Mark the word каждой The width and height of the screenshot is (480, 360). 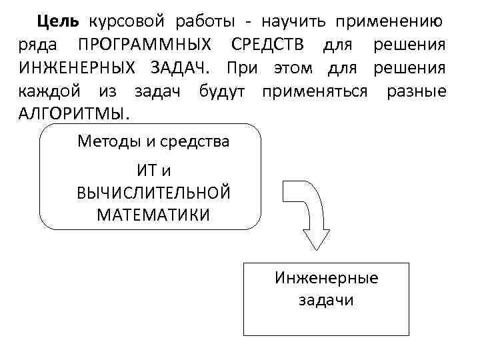coord(44,91)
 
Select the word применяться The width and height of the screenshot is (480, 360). coord(315,91)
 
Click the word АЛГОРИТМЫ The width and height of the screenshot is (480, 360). coord(73,113)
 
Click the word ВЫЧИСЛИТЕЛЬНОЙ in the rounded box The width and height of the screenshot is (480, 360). coord(153,193)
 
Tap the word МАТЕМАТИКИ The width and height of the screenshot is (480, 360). coord(153,215)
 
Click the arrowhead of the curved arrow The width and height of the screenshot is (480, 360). coord(316,239)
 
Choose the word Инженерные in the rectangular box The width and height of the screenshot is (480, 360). coord(326,278)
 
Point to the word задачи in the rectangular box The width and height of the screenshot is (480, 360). coord(326,300)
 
